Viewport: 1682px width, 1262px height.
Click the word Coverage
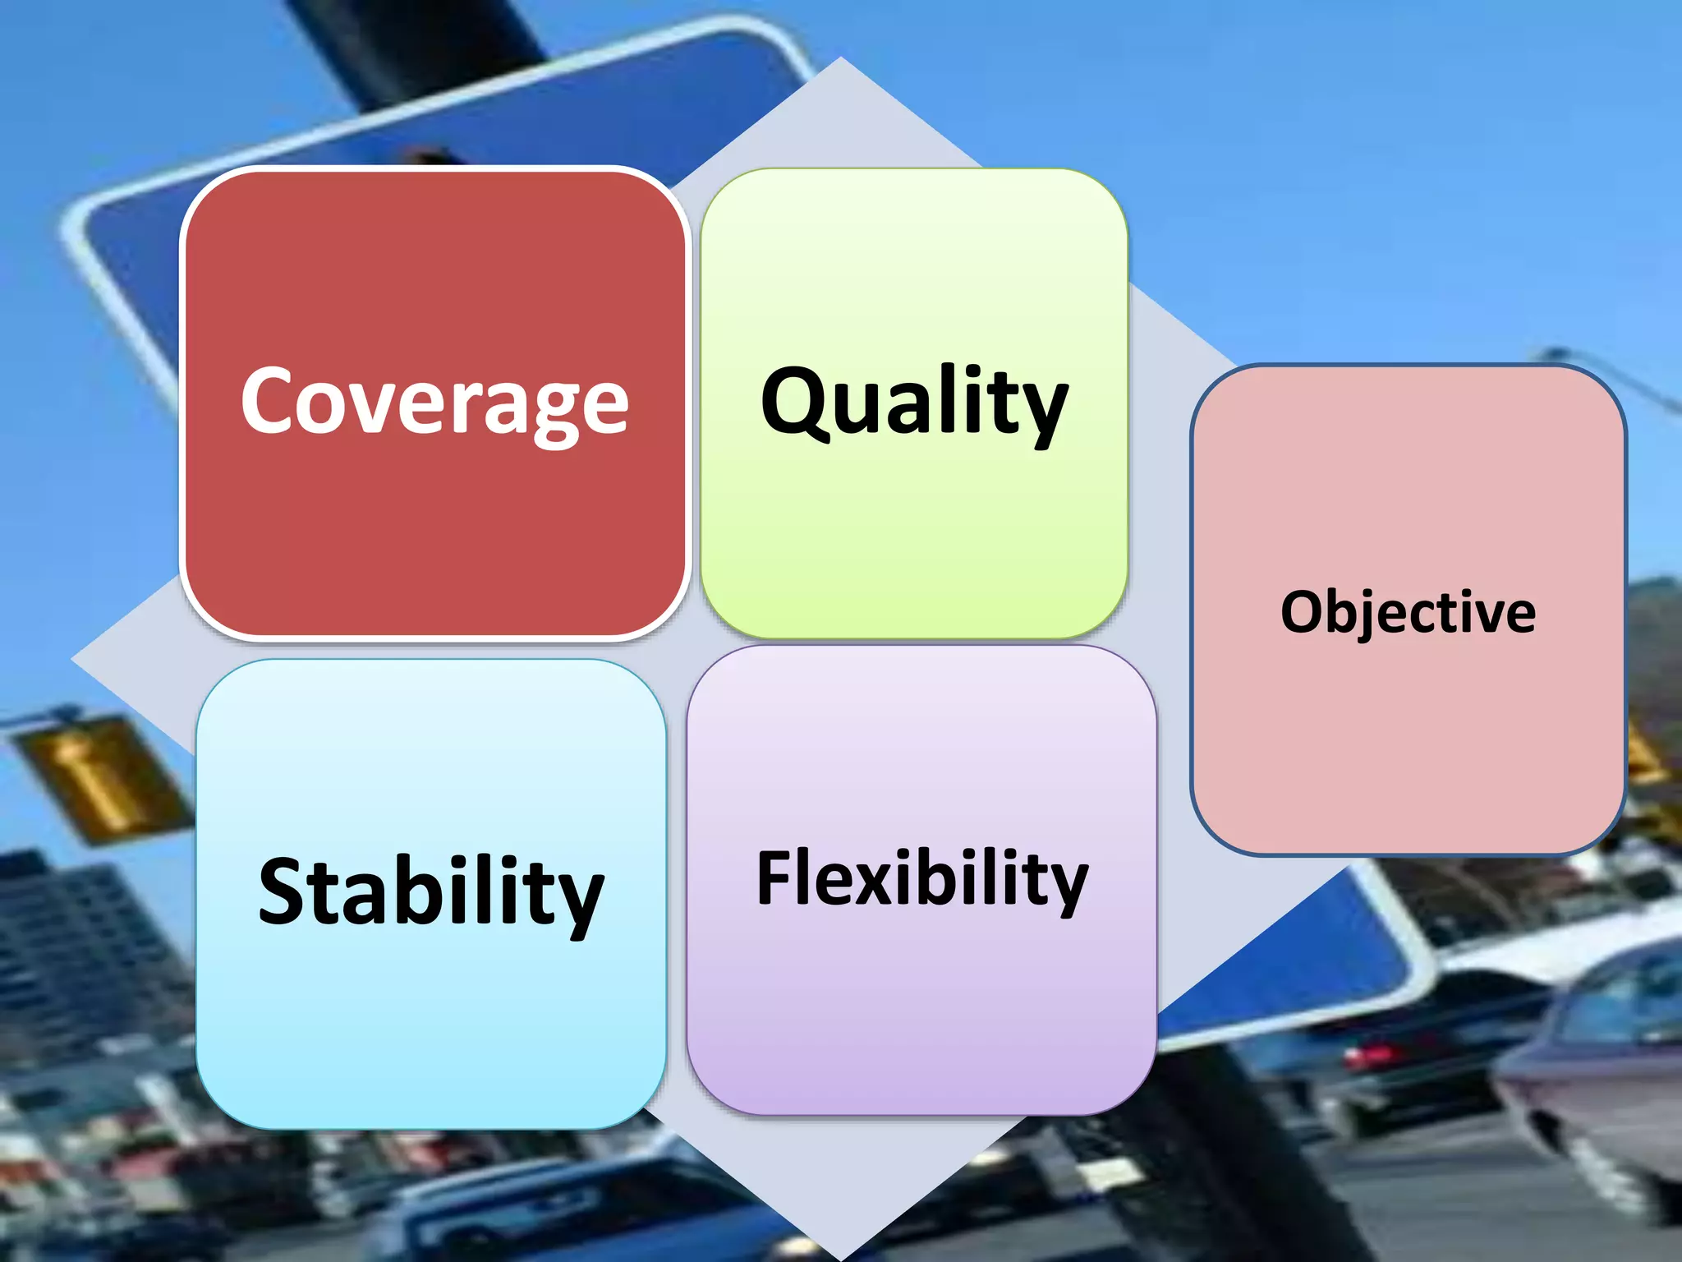[x=434, y=403]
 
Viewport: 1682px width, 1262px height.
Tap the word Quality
[x=914, y=403]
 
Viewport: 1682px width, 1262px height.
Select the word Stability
[x=430, y=892]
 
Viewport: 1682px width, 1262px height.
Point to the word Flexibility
[x=921, y=879]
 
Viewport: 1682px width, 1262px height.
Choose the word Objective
[x=1408, y=612]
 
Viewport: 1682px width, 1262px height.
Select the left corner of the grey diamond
[x=74, y=657]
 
